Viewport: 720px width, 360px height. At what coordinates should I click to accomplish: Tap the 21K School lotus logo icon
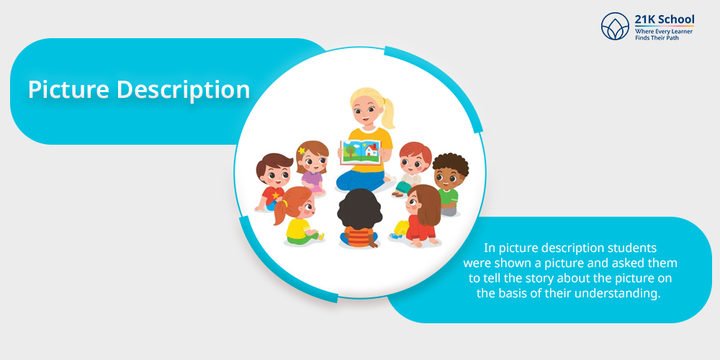click(615, 26)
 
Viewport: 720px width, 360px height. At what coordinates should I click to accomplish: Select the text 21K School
click(665, 19)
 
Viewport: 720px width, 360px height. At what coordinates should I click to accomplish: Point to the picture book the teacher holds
click(361, 152)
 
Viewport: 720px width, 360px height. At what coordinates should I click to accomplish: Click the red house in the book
click(372, 149)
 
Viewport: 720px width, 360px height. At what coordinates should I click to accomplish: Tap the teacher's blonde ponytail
click(389, 113)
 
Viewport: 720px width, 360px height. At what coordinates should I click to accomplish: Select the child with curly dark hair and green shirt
click(450, 184)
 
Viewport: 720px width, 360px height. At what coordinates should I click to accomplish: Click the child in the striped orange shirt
click(359, 219)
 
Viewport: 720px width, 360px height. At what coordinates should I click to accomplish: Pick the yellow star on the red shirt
click(276, 195)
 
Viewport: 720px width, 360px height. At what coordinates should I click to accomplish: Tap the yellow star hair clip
click(301, 150)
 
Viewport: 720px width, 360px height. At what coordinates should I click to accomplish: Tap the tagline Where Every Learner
click(664, 31)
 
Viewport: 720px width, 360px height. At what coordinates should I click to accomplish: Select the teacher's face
click(363, 113)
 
